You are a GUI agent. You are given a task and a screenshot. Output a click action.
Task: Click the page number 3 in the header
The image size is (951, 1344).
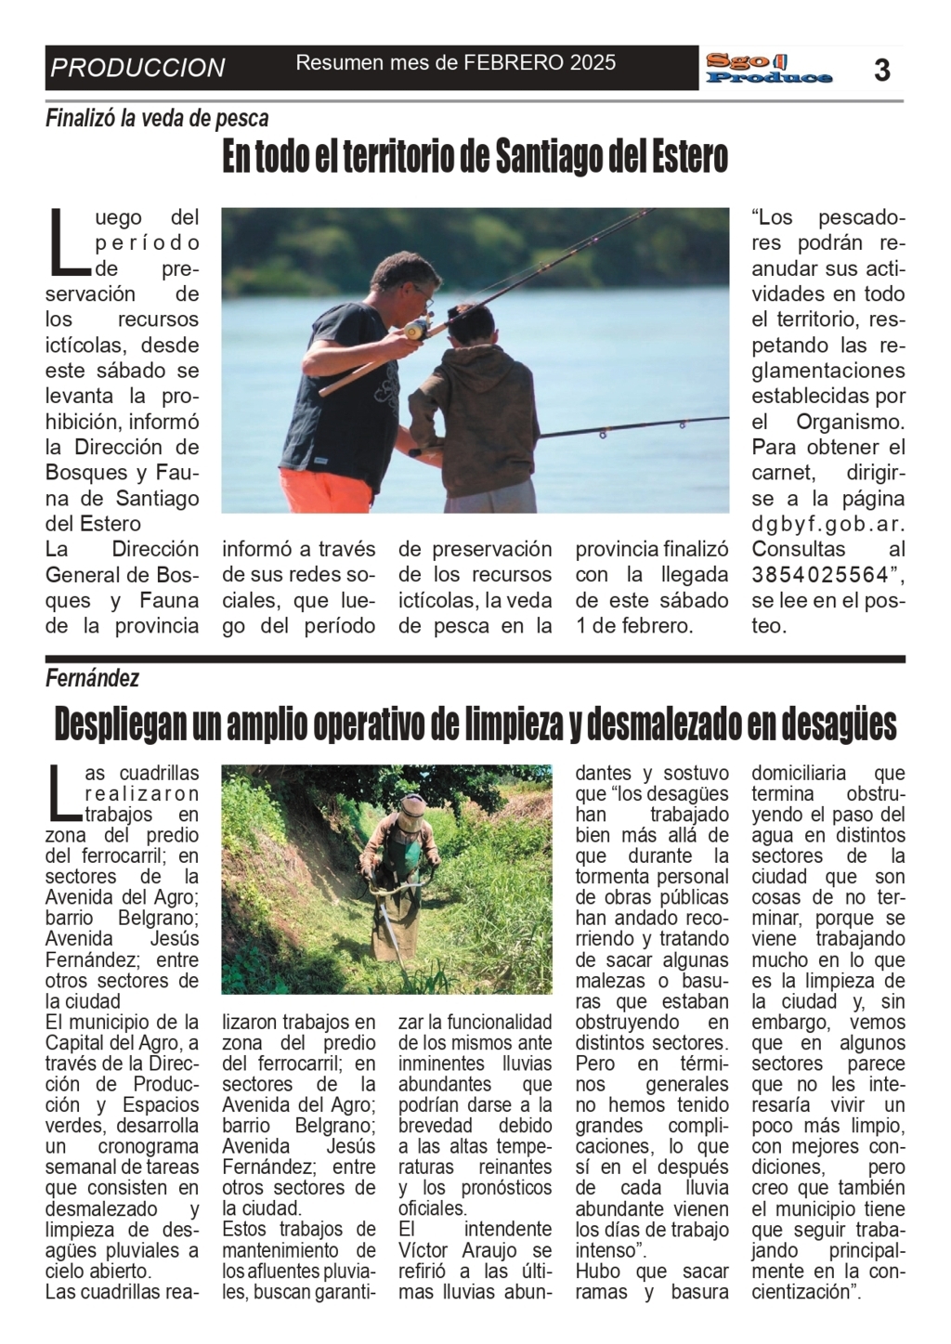point(881,69)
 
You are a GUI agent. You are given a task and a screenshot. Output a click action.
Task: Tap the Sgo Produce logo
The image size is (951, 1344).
point(768,69)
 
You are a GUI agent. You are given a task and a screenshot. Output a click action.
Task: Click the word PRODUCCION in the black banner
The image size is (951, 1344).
point(137,68)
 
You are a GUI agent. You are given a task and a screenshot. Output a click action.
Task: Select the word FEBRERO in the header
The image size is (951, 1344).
point(515,62)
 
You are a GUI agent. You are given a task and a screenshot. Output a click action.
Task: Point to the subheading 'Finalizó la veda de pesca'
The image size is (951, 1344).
point(157,119)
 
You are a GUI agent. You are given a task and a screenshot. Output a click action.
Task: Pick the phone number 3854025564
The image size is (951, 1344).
point(820,575)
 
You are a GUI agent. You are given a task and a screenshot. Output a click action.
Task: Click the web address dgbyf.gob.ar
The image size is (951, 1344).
point(827,524)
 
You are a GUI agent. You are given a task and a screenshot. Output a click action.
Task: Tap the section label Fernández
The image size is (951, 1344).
point(92,679)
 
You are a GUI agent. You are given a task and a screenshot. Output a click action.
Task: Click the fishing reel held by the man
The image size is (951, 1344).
point(418,327)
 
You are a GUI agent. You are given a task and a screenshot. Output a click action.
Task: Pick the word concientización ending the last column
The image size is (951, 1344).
point(801,1292)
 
